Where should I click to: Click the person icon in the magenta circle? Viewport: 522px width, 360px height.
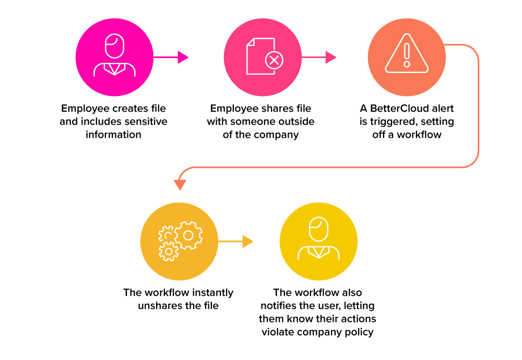click(114, 55)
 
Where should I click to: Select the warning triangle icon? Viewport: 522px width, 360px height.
click(407, 53)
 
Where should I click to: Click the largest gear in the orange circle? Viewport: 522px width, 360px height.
click(188, 235)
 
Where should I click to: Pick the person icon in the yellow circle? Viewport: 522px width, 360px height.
click(318, 238)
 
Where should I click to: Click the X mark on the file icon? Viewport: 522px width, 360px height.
click(274, 60)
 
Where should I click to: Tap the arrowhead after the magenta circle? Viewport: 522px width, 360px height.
click(183, 57)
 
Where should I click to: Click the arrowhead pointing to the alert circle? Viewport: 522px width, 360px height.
click(331, 57)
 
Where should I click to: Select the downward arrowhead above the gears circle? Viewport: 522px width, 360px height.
click(180, 185)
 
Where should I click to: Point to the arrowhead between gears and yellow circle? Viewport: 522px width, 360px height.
click(248, 241)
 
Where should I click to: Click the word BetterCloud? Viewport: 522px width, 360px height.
click(396, 109)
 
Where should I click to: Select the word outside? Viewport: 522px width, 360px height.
click(296, 122)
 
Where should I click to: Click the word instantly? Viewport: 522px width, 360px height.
click(212, 293)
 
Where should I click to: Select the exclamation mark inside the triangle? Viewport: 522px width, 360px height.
click(407, 55)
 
